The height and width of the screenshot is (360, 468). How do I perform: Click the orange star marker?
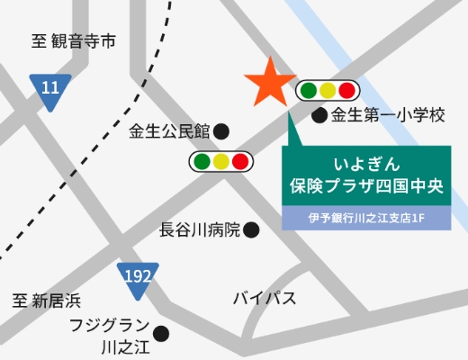[x=269, y=84]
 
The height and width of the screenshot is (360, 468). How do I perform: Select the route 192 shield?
[x=138, y=276]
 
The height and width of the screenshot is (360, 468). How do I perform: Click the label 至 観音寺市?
[x=75, y=41]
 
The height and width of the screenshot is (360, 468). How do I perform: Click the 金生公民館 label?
[x=169, y=130]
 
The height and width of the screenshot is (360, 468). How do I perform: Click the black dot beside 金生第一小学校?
[x=319, y=116]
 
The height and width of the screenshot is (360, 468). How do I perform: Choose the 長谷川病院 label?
[x=200, y=230]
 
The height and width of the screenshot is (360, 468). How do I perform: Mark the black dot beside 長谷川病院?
[x=252, y=230]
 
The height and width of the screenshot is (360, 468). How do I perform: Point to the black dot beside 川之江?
[x=162, y=334]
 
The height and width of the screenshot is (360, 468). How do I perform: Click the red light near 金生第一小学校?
[x=346, y=90]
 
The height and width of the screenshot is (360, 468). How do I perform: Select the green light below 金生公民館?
[x=200, y=162]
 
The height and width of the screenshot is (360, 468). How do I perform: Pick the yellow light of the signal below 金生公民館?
[x=220, y=162]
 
